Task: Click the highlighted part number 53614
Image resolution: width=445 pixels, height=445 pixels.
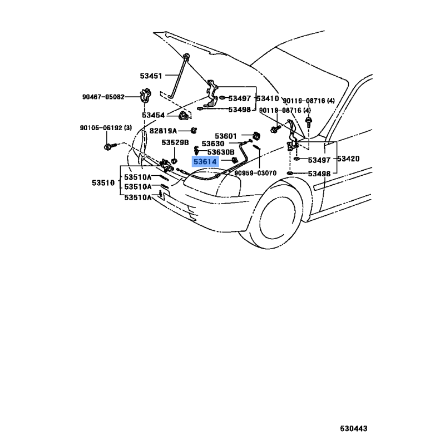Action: coord(205,162)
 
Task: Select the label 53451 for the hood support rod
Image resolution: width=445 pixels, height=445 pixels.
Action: coord(151,76)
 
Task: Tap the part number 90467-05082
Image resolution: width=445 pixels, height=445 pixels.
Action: coord(103,97)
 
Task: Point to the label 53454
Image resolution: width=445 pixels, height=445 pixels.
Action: coord(154,115)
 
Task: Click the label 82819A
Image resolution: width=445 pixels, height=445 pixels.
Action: coord(163,131)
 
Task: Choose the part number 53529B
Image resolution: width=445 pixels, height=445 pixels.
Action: coord(175,142)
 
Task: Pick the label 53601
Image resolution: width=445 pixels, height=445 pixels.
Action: coord(226,136)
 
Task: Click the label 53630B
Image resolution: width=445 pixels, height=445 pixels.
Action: coord(221,152)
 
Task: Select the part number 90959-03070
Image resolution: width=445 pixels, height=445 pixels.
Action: coord(255,173)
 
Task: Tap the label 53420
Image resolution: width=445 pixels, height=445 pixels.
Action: coord(348,159)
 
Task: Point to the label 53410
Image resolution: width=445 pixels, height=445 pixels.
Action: coord(268,98)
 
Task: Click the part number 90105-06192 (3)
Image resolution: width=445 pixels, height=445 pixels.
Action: coord(106,128)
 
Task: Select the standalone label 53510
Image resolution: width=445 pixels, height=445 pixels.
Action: coord(103,182)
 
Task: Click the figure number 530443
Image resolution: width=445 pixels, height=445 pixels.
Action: coord(354,428)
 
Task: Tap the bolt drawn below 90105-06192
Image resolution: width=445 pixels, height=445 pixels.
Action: coord(110,146)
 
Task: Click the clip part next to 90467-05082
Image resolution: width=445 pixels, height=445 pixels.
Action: coord(145,95)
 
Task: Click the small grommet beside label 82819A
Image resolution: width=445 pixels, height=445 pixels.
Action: coord(194,131)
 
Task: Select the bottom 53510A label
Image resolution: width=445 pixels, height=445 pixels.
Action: coord(138,197)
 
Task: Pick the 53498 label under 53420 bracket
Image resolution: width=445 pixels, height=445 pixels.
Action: coord(319,174)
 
